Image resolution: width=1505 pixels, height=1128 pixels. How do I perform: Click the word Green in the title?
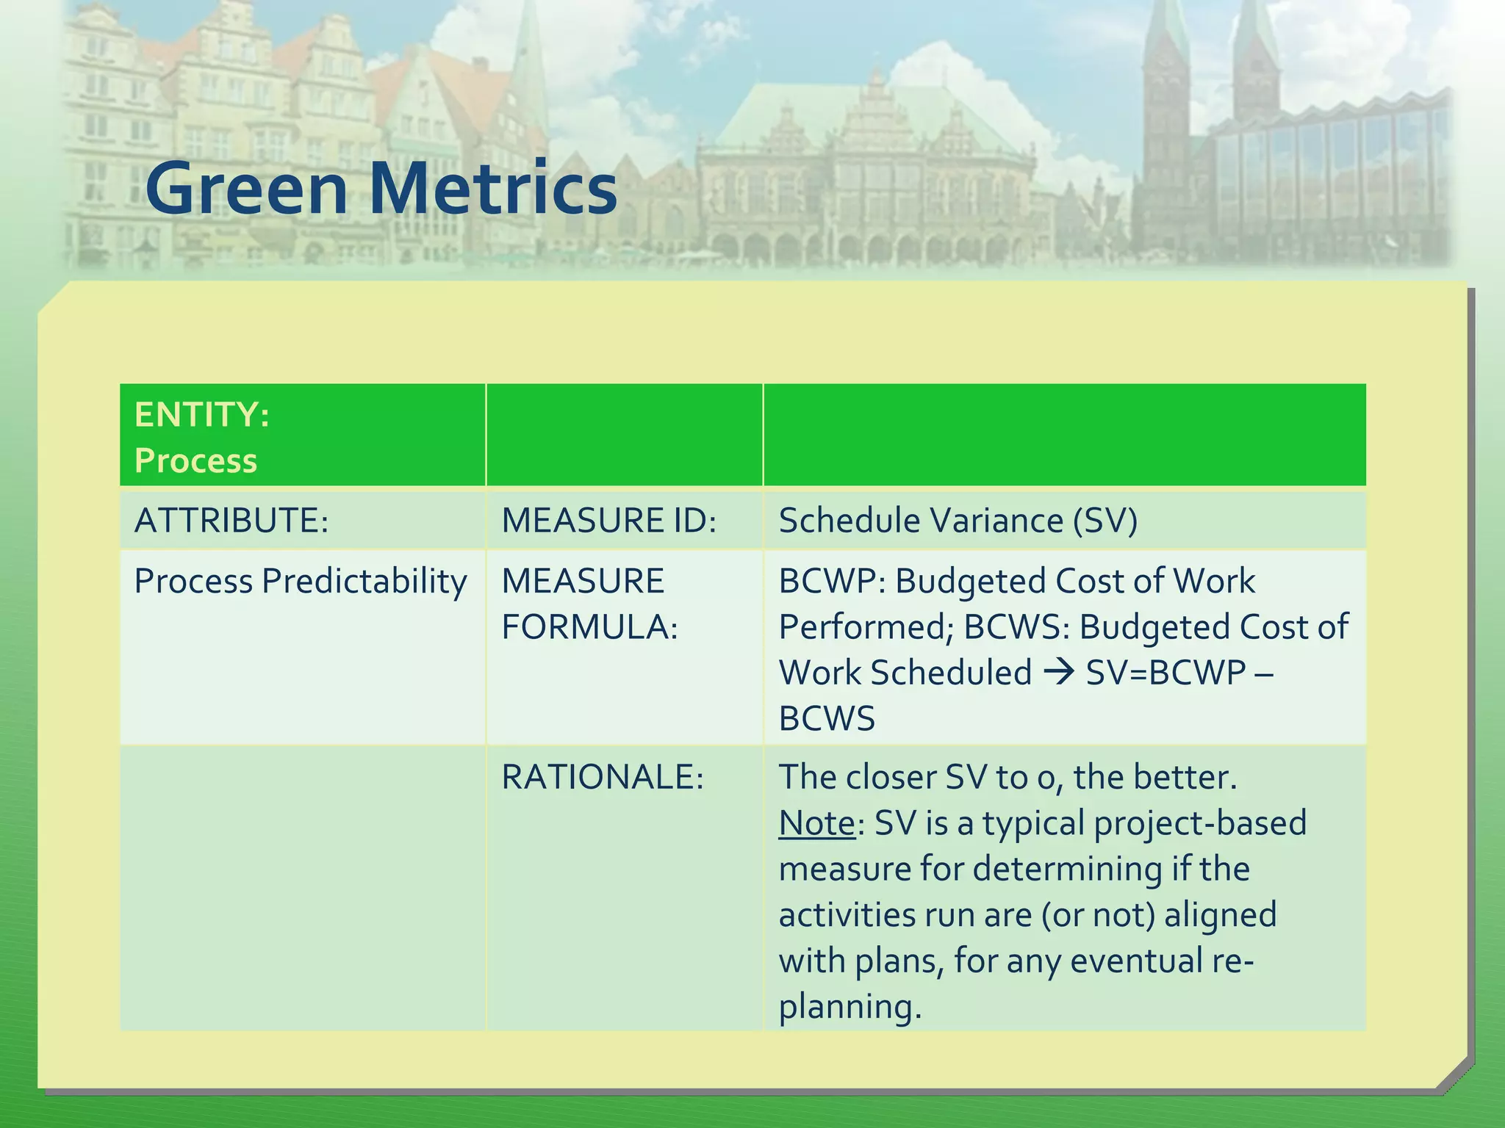click(246, 189)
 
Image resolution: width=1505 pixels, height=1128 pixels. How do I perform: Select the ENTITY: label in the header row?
click(202, 415)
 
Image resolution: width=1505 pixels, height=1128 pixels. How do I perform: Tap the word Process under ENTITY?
click(195, 461)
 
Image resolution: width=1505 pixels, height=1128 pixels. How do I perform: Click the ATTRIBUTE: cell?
click(231, 521)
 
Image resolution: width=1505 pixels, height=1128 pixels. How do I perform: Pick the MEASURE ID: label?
click(608, 521)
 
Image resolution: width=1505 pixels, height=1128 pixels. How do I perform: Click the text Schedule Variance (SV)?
click(958, 521)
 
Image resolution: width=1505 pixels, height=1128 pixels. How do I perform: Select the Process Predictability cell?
click(300, 582)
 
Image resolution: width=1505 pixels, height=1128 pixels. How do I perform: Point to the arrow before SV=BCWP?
click(1059, 672)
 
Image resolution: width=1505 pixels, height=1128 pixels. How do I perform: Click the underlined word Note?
click(816, 823)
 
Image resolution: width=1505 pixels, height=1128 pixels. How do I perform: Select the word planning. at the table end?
click(850, 1007)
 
